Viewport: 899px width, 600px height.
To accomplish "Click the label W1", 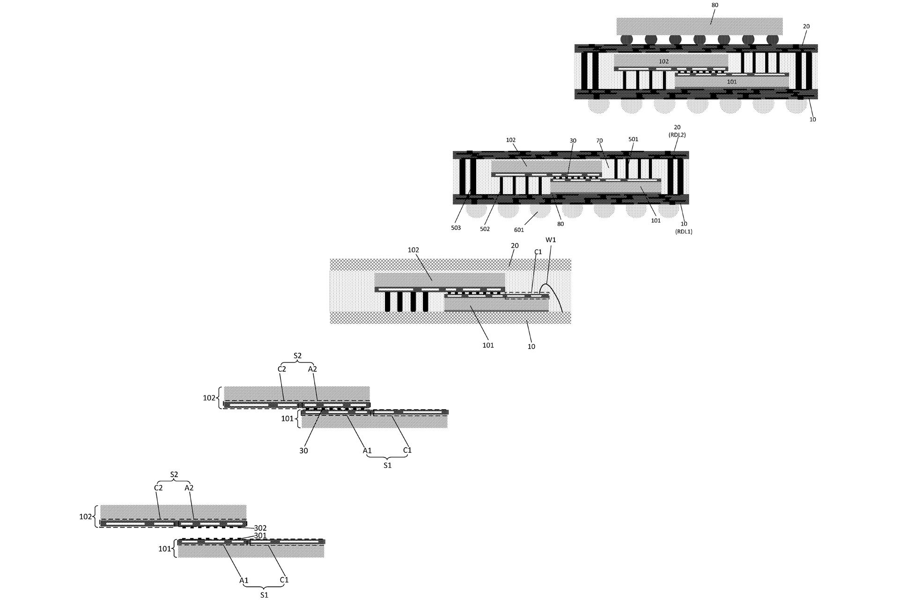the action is pos(551,240).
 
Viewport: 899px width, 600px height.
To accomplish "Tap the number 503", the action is pos(456,228).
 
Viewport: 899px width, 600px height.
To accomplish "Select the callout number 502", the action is pos(485,229).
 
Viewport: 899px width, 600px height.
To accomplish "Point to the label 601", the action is pos(519,230).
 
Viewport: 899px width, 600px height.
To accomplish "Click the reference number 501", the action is pos(633,139).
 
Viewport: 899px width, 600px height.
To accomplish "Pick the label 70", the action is pos(599,141).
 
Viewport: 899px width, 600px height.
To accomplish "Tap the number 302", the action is pos(260,528).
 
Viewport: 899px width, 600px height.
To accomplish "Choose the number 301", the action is pos(260,535).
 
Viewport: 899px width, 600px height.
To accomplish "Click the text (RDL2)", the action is pos(677,135).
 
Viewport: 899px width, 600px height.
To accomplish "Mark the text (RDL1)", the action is pos(684,232).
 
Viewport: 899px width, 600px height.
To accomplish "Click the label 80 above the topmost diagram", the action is pos(715,5).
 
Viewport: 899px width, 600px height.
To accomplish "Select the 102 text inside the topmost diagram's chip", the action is pos(663,61).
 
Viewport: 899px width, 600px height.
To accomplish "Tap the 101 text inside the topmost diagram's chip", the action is pos(732,82).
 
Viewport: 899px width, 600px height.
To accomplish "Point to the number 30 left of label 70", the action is pos(573,141).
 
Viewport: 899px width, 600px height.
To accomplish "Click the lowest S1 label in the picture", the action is pos(264,595).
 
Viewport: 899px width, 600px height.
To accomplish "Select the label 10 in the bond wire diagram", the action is pos(531,346).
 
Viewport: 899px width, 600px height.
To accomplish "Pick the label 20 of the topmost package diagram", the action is pos(806,26).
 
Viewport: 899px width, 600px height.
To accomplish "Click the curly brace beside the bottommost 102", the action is pos(96,517).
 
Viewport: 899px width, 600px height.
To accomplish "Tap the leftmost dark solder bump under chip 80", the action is pos(626,39).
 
